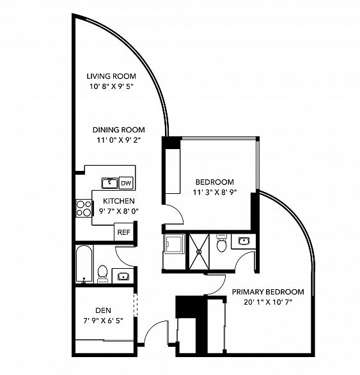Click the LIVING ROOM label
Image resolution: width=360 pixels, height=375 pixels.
click(111, 76)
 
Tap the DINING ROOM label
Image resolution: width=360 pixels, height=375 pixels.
click(119, 130)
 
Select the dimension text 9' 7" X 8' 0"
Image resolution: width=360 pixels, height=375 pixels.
click(119, 211)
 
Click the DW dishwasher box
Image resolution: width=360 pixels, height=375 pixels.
click(126, 183)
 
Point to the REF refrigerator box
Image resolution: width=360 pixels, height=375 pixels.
click(124, 232)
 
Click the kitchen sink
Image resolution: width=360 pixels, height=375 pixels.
click(110, 183)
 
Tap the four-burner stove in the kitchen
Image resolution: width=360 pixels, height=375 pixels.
click(84, 209)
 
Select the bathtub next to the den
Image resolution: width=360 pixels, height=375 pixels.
click(84, 264)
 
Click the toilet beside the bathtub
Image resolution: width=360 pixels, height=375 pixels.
click(102, 274)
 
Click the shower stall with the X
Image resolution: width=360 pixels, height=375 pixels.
click(199, 251)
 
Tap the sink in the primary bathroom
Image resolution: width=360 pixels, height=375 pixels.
click(243, 241)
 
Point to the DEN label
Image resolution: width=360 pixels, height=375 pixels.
click(103, 310)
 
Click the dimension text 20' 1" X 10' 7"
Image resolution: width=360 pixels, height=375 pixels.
click(268, 302)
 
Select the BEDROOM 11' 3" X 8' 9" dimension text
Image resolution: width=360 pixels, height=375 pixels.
click(214, 192)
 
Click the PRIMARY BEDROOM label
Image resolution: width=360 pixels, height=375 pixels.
click(268, 292)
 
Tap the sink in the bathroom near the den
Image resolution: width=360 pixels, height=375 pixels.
click(123, 276)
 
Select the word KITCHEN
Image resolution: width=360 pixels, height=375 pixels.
click(119, 201)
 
